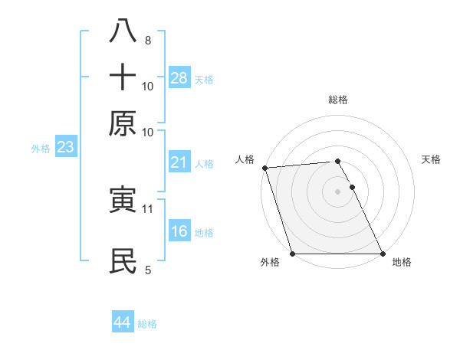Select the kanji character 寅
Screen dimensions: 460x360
[123, 201]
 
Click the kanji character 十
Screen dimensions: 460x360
[123, 78]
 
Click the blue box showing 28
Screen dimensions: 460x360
[179, 77]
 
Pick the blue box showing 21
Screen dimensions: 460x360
[179, 162]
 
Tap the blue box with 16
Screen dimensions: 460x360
[179, 231]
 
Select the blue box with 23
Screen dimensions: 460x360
[65, 148]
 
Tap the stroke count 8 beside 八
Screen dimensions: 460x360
[147, 41]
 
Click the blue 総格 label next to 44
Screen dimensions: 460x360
[147, 324]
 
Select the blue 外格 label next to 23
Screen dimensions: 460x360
[41, 149]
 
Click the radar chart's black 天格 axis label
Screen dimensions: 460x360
[431, 159]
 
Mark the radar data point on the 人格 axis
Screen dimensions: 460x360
[264, 168]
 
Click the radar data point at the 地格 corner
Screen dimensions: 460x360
[383, 254]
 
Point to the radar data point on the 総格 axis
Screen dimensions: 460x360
[337, 162]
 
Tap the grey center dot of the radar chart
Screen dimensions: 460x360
[337, 191]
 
